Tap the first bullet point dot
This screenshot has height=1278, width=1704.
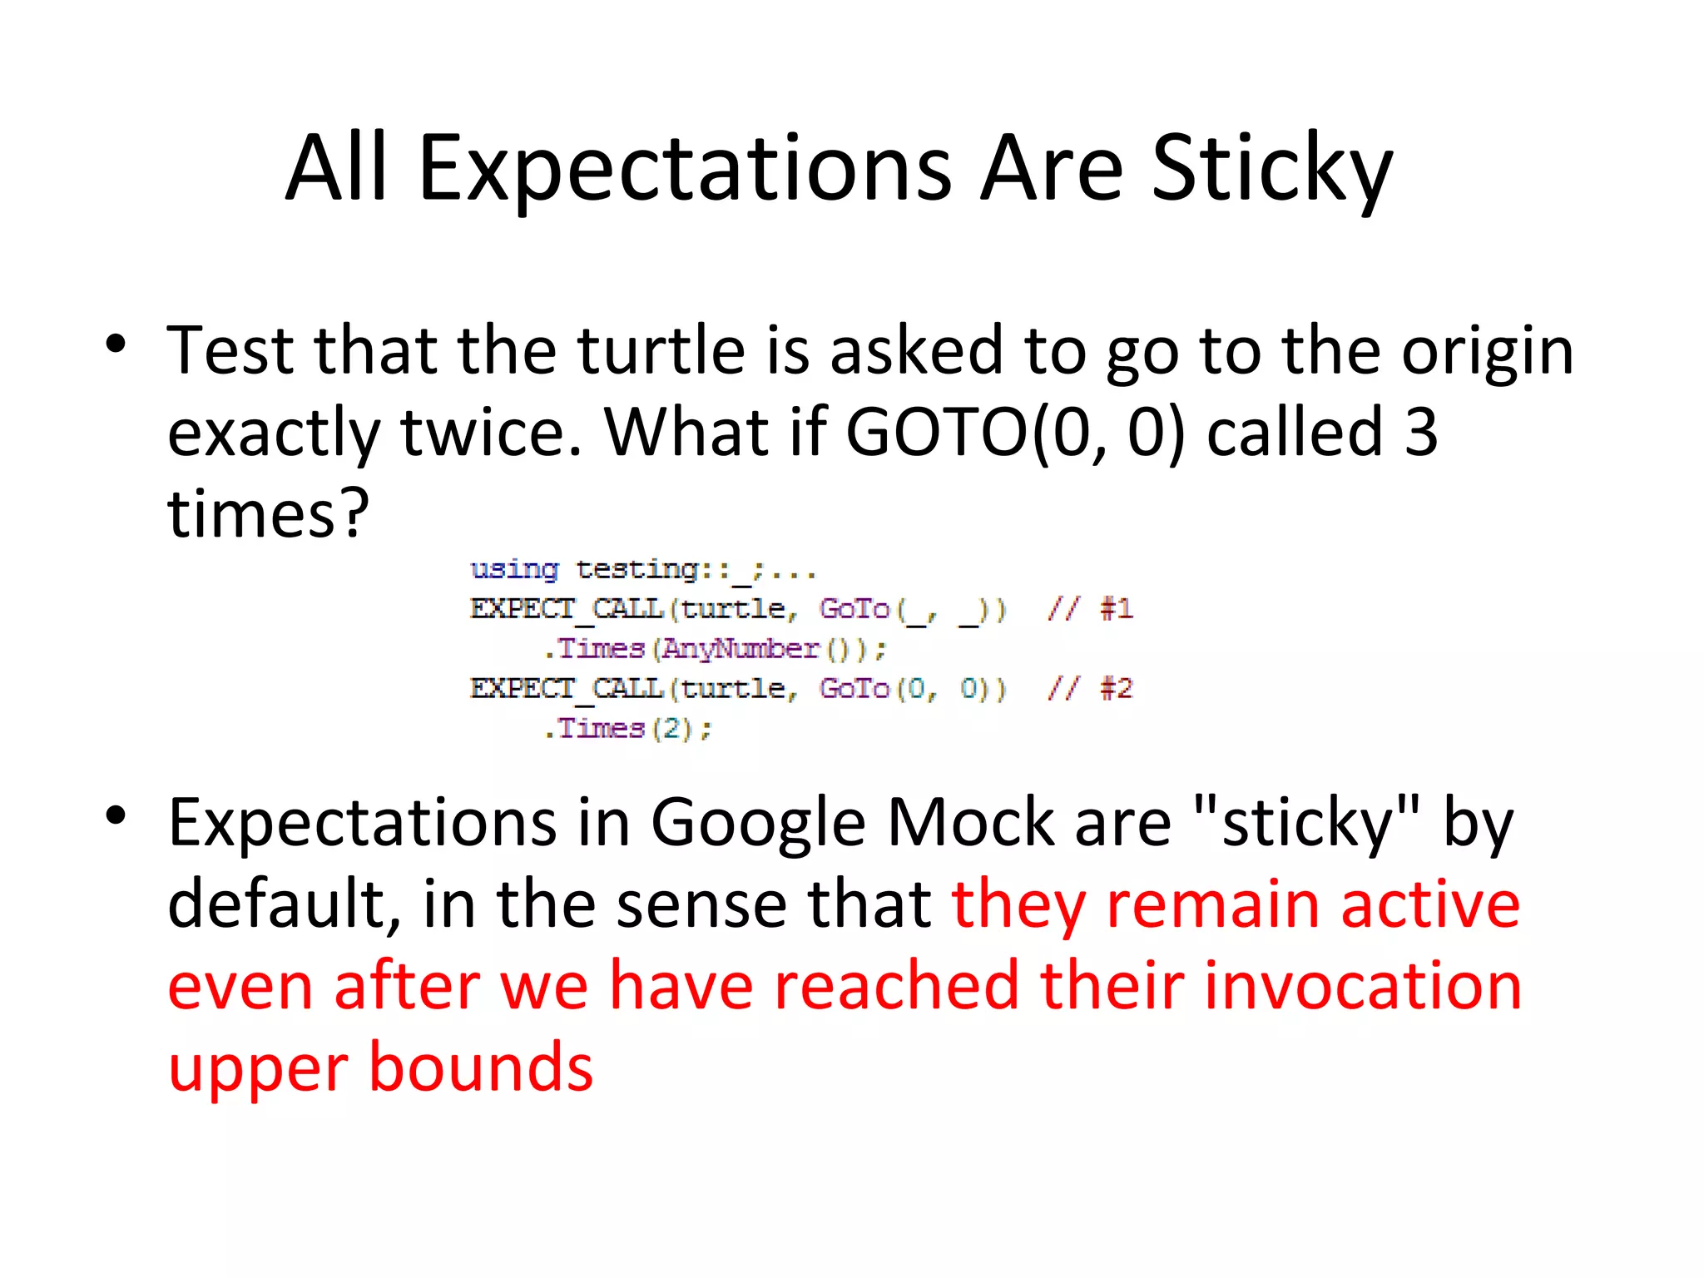pos(116,344)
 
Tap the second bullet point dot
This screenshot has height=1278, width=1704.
pos(116,815)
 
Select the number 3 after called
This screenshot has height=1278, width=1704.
pos(1421,432)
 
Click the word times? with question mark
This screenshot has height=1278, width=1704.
pos(268,513)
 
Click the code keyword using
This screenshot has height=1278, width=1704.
pos(514,569)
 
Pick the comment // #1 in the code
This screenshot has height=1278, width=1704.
pos(1089,609)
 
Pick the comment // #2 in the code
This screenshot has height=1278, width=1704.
pos(1089,689)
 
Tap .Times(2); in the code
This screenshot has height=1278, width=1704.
pos(627,729)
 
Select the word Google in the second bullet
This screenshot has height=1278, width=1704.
pos(758,822)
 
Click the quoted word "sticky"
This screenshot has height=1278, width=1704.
pos(1305,822)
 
